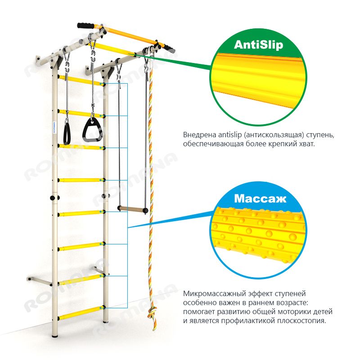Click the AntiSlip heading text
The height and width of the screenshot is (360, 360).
pos(258,45)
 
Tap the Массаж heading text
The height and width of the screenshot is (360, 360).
pos(260,198)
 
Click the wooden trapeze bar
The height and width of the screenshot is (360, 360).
pos(133,209)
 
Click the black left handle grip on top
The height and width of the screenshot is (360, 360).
pos(85,26)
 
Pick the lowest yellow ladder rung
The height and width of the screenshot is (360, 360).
pos(81,313)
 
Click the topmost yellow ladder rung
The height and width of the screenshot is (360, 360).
pos(81,80)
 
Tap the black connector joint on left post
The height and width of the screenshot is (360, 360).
pos(55,198)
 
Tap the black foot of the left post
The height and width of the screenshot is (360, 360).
pos(55,336)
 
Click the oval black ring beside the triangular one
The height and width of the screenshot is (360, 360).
pos(67,133)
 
